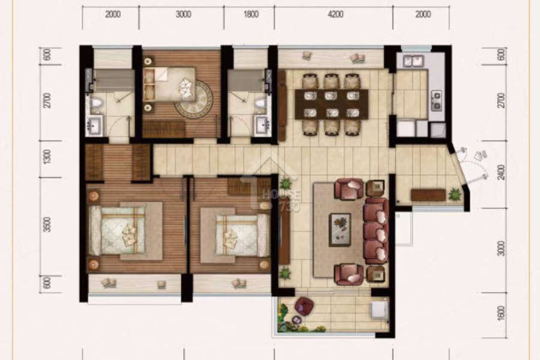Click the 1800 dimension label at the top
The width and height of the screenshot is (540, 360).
(251, 14)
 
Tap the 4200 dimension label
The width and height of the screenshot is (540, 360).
(335, 14)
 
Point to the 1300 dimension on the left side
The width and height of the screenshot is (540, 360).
(47, 157)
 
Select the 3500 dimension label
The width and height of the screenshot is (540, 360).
(47, 224)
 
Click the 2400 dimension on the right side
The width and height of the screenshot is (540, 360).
(502, 172)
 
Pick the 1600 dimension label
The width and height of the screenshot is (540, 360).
(502, 313)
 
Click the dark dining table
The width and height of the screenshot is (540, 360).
(331, 104)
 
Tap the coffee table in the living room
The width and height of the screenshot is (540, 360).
(340, 229)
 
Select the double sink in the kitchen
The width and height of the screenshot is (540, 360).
(413, 61)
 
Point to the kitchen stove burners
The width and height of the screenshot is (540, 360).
(436, 100)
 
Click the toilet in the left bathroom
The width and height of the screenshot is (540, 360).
(97, 103)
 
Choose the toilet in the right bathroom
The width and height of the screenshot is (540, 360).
(261, 103)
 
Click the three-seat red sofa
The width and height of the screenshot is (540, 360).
(376, 230)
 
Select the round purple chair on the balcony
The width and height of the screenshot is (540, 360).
(304, 305)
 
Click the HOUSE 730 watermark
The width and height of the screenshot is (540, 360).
(281, 200)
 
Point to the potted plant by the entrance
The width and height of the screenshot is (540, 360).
(455, 194)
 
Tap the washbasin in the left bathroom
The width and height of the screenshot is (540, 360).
(94, 125)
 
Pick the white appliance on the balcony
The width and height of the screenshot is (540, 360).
(379, 310)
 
